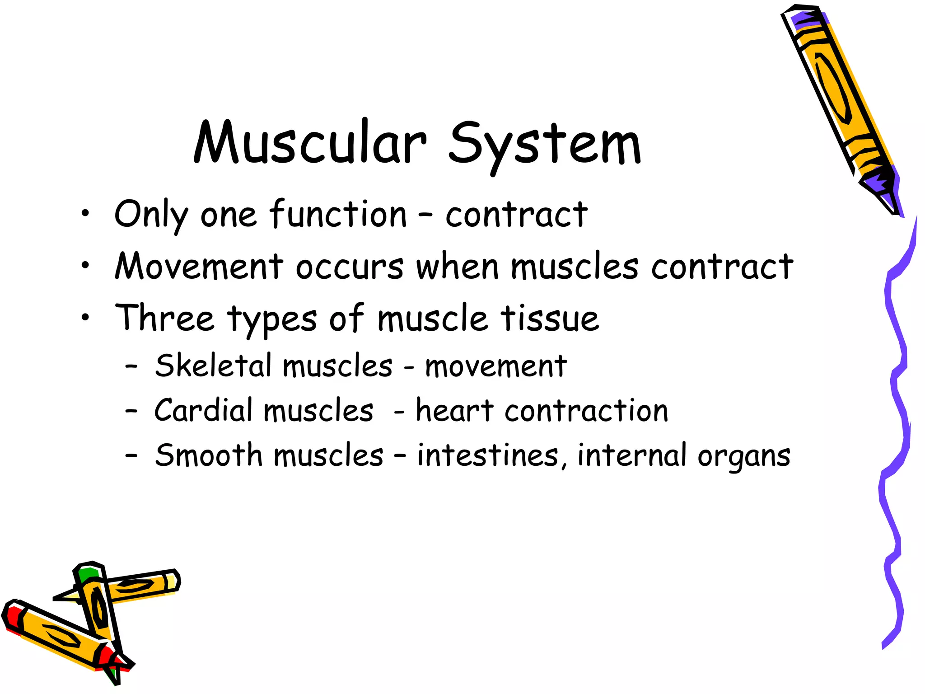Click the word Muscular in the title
[x=310, y=142]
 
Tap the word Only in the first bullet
[x=151, y=215]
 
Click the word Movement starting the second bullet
[x=199, y=267]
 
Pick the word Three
[x=164, y=318]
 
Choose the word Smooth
[x=208, y=455]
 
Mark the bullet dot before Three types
[x=85, y=318]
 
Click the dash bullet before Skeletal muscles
[x=131, y=366]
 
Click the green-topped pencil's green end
[x=87, y=574]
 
